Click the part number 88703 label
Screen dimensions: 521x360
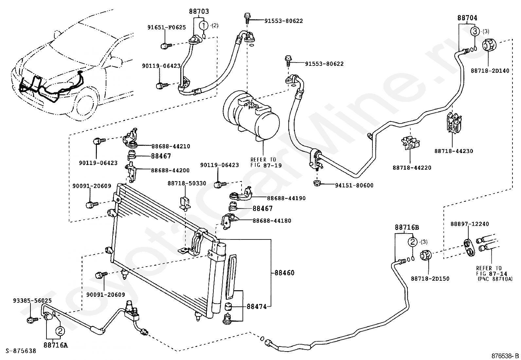199,11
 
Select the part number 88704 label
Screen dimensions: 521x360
467,18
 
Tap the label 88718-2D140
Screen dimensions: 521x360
490,70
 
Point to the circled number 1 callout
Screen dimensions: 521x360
204,25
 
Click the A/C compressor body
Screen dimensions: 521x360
251,115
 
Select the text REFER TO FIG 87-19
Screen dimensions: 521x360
266,162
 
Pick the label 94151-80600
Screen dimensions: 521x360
354,185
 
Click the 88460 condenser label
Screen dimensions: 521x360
284,273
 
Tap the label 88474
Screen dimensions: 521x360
257,307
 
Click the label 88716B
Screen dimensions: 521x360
407,227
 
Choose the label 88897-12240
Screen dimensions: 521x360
470,224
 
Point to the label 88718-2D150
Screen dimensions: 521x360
430,278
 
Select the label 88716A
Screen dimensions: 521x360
56,345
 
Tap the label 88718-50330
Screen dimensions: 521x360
187,183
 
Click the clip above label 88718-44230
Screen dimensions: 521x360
454,123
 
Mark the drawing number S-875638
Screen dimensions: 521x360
21,351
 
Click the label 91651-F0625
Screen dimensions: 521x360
167,28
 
